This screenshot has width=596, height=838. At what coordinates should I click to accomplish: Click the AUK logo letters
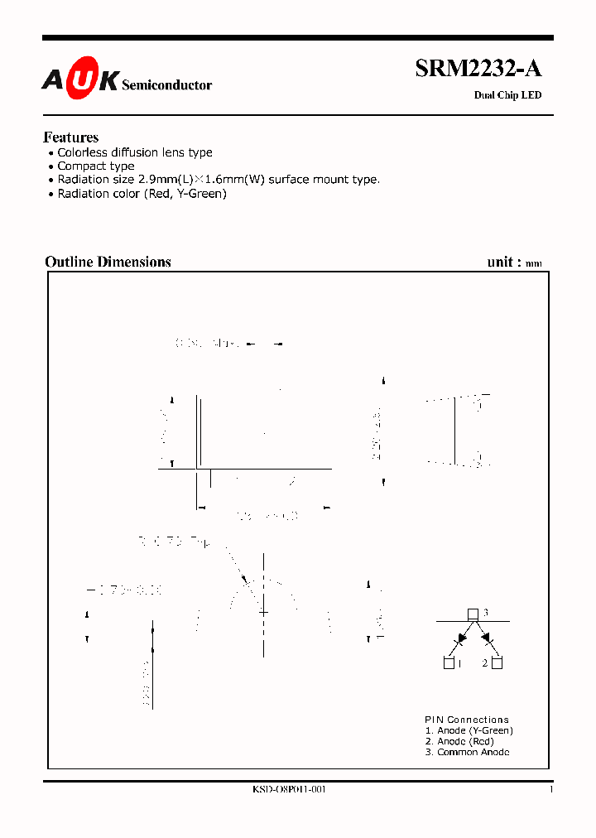[80, 79]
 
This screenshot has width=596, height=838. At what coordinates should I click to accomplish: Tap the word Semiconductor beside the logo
[166, 85]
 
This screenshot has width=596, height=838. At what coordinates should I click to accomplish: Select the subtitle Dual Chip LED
[507, 95]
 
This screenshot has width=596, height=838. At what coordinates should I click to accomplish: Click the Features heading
[71, 137]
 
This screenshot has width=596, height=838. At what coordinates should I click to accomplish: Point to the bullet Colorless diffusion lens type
[135, 152]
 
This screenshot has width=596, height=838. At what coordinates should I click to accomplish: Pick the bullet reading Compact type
[96, 166]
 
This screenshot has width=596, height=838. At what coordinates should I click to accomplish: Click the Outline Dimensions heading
[108, 262]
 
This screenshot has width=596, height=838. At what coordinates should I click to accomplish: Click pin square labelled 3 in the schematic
[472, 614]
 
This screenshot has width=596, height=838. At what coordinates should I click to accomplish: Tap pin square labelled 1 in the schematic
[449, 662]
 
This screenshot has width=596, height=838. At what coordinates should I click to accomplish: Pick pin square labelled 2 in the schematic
[497, 662]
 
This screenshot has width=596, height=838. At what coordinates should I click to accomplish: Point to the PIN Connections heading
[467, 720]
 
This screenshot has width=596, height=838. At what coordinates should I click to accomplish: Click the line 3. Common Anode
[467, 752]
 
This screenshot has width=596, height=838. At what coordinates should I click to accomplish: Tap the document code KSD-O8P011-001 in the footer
[289, 790]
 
